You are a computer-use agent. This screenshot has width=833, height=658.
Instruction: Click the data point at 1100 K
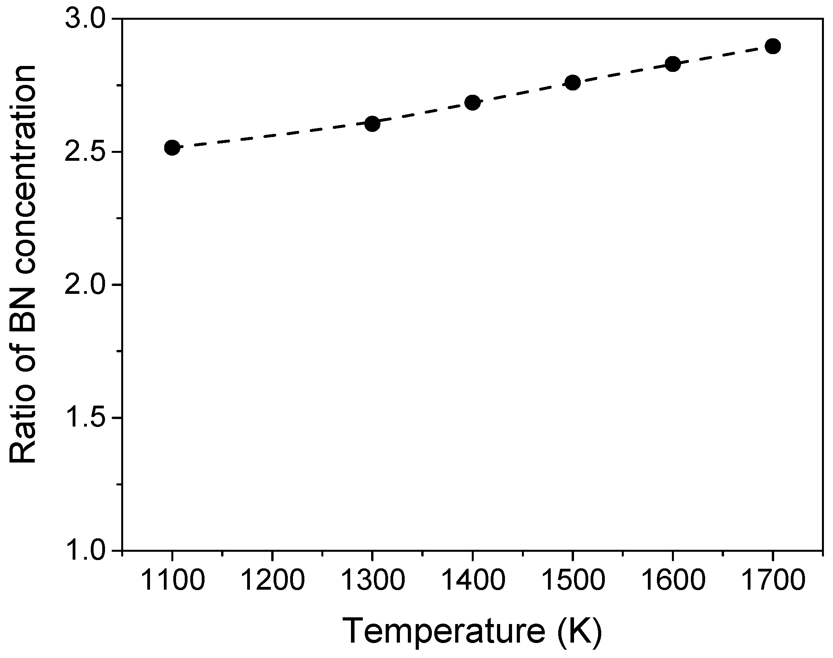(x=172, y=148)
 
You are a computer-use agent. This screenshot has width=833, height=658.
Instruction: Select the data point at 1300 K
(x=372, y=124)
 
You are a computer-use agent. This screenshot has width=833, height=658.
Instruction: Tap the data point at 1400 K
(x=472, y=103)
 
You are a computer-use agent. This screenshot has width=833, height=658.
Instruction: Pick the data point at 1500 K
(x=572, y=83)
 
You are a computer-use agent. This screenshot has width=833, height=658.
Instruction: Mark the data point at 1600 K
(x=673, y=64)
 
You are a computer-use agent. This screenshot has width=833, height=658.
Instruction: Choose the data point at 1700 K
(x=773, y=46)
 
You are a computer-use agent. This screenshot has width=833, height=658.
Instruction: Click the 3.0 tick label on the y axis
(x=84, y=19)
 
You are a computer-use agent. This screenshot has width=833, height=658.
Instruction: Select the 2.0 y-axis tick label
(x=84, y=285)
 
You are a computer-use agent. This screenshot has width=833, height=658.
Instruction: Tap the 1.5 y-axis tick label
(x=84, y=418)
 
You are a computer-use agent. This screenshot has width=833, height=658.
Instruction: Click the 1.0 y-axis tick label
(x=84, y=550)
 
